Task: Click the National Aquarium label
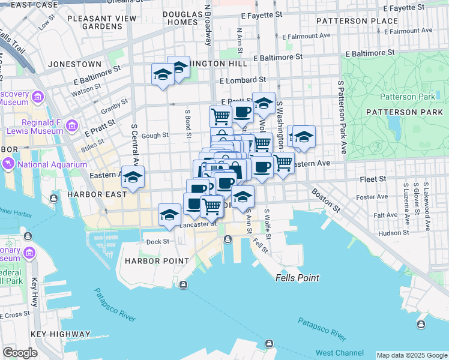[x=53, y=164]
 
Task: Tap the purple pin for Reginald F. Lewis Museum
[x=71, y=126]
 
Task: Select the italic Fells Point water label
[x=297, y=278]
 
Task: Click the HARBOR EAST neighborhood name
[x=97, y=194]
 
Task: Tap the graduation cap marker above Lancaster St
[x=170, y=215]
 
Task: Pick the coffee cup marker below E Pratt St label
[x=243, y=112]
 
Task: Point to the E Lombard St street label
[x=243, y=80]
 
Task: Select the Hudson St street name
[x=394, y=232]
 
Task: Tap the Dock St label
[x=158, y=242]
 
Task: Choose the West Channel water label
[x=339, y=352]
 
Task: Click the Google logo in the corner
[x=20, y=352]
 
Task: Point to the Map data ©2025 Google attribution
[x=412, y=355]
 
